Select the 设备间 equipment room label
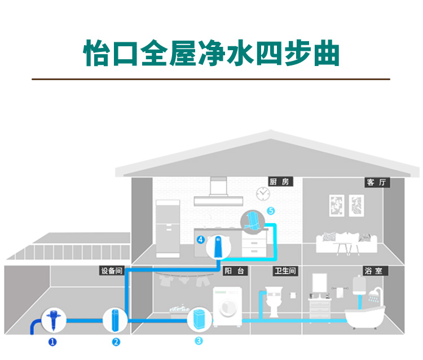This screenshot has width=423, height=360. click(111, 271)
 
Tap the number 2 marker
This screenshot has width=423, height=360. click(116, 341)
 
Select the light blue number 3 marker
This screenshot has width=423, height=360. click(198, 341)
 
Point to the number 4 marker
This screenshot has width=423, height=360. click(200, 239)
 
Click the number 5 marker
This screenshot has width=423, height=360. click(271, 211)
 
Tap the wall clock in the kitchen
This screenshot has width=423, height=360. click(262, 194)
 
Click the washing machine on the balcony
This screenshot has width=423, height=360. click(227, 308)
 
